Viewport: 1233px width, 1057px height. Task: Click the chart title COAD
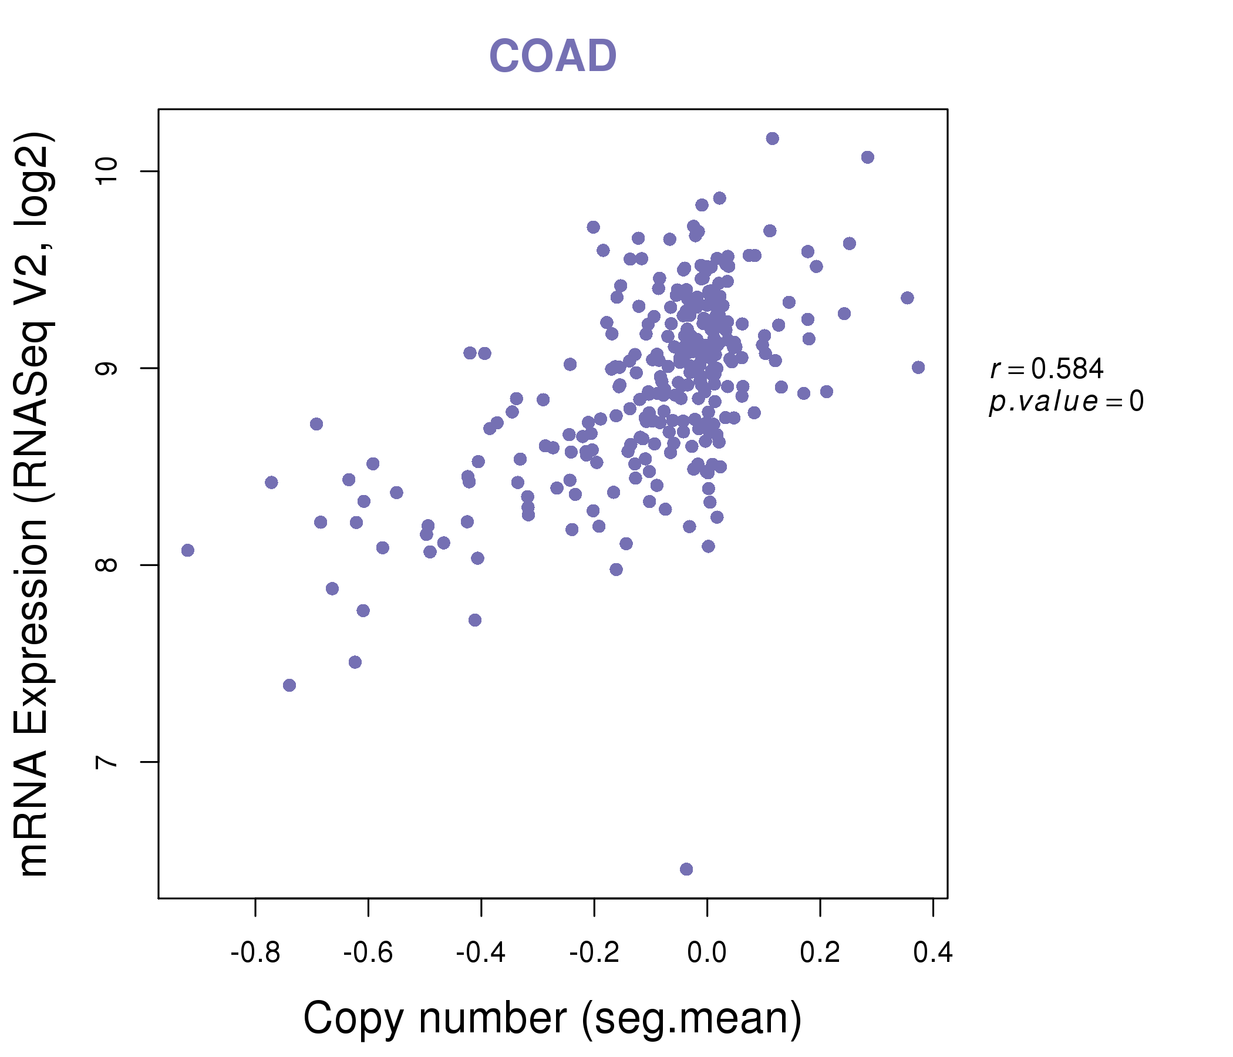(553, 56)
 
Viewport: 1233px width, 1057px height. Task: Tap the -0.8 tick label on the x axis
(255, 953)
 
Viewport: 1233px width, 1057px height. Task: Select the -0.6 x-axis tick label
(368, 953)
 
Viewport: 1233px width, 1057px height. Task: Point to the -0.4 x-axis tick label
(481, 953)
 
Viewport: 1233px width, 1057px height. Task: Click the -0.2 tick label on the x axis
(594, 953)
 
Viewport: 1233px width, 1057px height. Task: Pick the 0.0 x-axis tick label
(707, 953)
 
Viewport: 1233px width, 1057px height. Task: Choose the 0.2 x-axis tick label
(820, 953)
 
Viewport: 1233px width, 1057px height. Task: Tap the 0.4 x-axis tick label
(932, 953)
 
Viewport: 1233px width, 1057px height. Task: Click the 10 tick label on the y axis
(107, 171)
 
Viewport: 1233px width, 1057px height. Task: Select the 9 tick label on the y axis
(107, 368)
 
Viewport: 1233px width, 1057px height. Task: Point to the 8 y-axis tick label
(107, 565)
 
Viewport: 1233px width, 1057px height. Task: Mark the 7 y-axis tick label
(107, 762)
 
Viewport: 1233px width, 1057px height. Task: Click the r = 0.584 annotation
(1047, 369)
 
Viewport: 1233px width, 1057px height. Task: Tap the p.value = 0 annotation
(1066, 402)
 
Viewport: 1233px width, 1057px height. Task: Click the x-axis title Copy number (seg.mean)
(553, 1018)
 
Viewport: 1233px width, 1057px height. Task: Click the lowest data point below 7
(686, 869)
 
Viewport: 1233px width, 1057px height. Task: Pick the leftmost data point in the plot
(187, 550)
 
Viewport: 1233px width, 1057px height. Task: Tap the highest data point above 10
(773, 139)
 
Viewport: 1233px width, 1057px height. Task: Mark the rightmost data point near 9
(918, 367)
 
